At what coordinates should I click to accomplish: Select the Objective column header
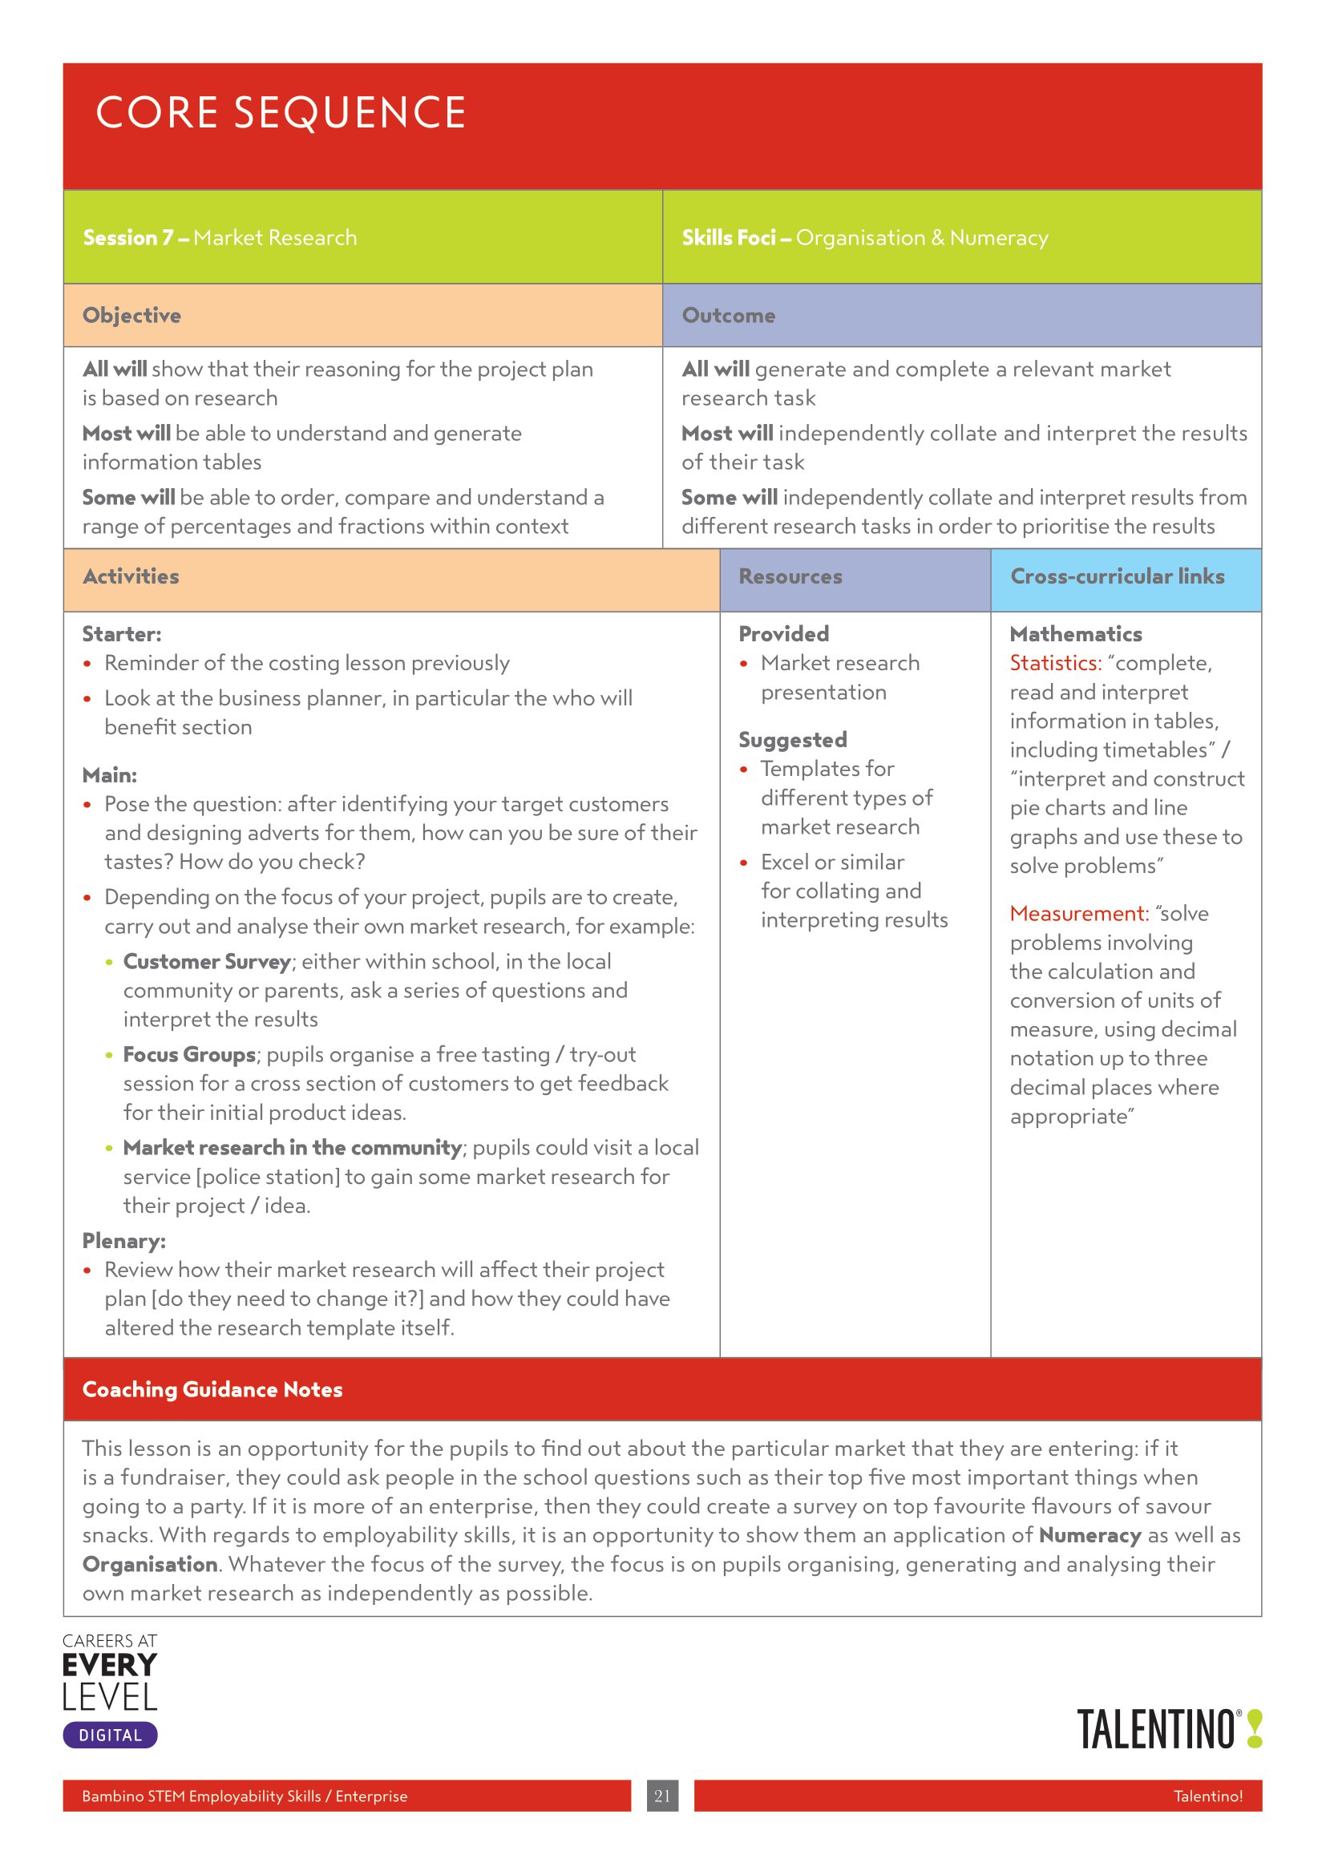pos(131,315)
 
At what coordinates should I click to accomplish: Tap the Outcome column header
pos(728,315)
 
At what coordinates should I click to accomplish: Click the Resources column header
pos(790,576)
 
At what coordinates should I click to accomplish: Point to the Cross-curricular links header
pos(1117,576)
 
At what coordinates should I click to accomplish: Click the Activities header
pos(131,576)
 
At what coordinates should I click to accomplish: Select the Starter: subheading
pos(122,634)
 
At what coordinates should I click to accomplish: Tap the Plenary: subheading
pos(124,1240)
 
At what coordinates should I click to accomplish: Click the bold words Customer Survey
pos(207,961)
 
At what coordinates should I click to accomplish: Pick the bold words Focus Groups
pos(189,1054)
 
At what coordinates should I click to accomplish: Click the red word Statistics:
pos(1055,663)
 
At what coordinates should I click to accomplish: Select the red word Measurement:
pos(1078,913)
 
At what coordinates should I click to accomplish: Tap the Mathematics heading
pos(1075,634)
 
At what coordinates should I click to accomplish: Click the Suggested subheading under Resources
pos(792,740)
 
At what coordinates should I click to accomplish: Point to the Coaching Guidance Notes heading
pos(212,1389)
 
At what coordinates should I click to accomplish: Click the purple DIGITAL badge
pos(110,1736)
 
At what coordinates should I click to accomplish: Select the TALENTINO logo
pos(1167,1730)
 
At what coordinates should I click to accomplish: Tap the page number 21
pos(662,1796)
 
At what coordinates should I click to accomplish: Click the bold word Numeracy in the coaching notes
pos(1090,1535)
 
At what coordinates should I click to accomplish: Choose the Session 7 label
pos(128,237)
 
